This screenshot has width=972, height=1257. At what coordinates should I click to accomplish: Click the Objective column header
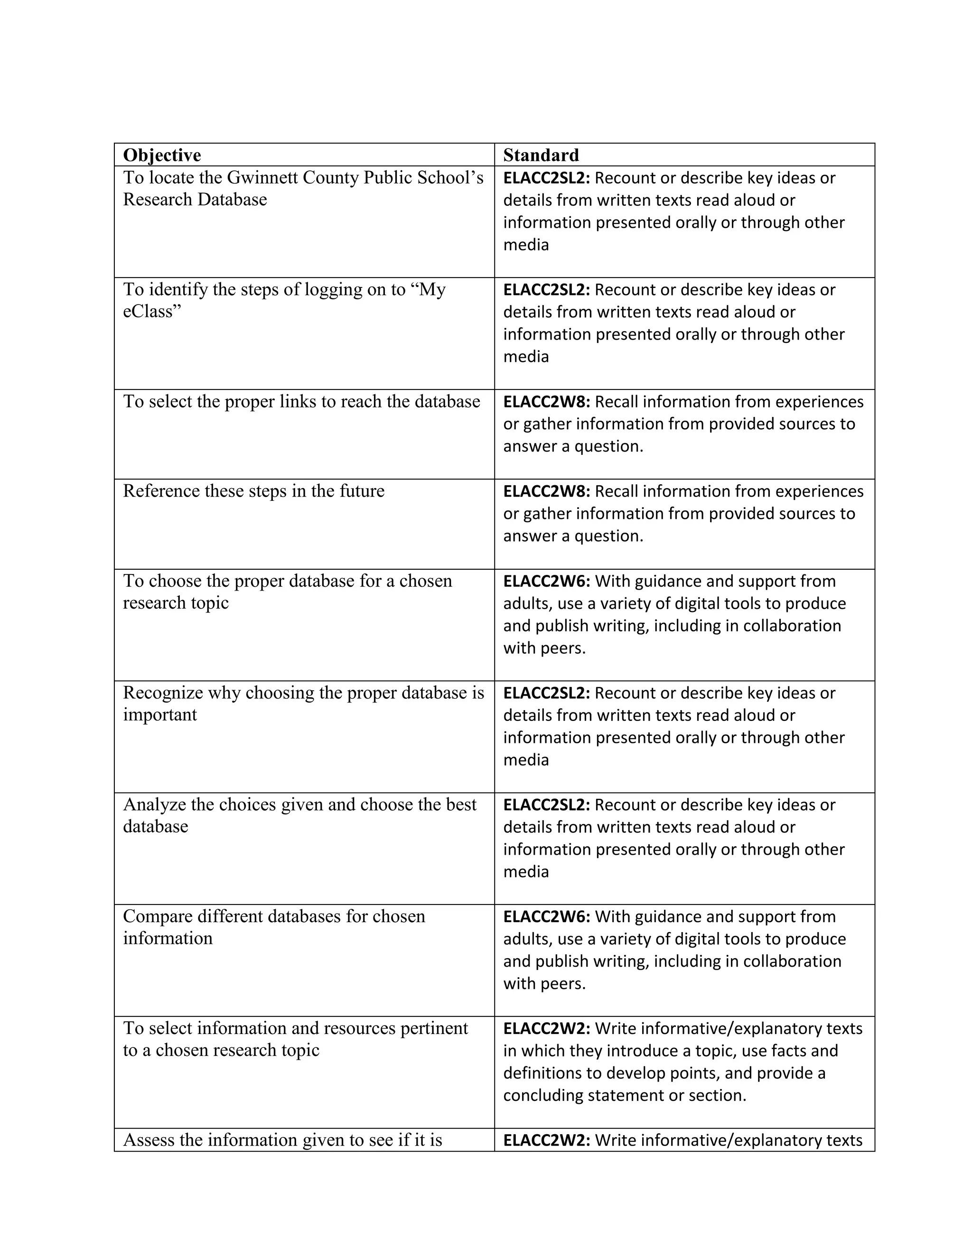[x=162, y=156]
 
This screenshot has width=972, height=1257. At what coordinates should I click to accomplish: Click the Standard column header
[x=541, y=156]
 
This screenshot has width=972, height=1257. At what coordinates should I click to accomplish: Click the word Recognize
[x=163, y=693]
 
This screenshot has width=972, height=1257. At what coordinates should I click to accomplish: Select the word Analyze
[x=155, y=804]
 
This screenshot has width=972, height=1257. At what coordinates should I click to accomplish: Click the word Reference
[x=161, y=491]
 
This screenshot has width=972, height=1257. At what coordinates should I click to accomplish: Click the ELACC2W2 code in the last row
[x=546, y=1140]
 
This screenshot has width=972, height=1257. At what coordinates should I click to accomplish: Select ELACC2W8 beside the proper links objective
[x=546, y=402]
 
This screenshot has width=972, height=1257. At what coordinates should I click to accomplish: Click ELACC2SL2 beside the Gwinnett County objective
[x=546, y=178]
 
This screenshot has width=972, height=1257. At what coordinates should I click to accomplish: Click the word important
[x=159, y=715]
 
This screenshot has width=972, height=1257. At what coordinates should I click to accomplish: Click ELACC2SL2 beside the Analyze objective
[x=546, y=804]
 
